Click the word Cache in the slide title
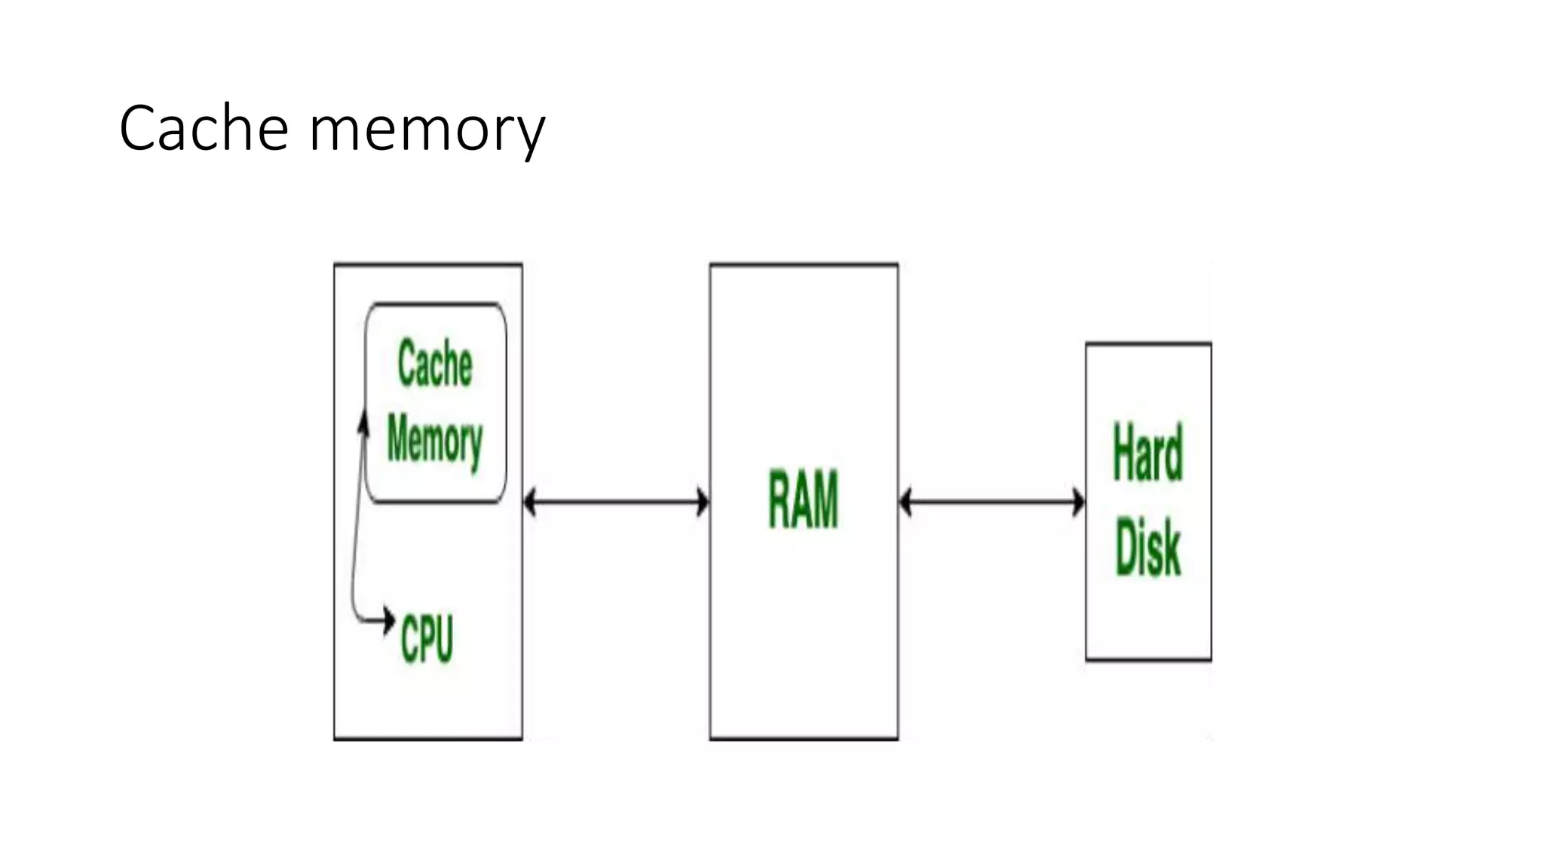click(x=204, y=129)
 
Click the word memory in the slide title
click(x=427, y=130)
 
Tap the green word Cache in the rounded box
click(x=435, y=364)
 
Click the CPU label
click(x=427, y=639)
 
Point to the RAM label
click(x=803, y=500)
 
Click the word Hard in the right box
click(x=1147, y=454)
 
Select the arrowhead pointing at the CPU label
click(x=388, y=620)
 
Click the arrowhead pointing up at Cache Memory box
click(x=364, y=422)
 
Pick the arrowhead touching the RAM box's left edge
click(x=703, y=502)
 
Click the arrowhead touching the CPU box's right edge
click(x=530, y=502)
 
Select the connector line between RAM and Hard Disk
click(x=992, y=502)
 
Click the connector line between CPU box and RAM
click(x=616, y=502)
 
